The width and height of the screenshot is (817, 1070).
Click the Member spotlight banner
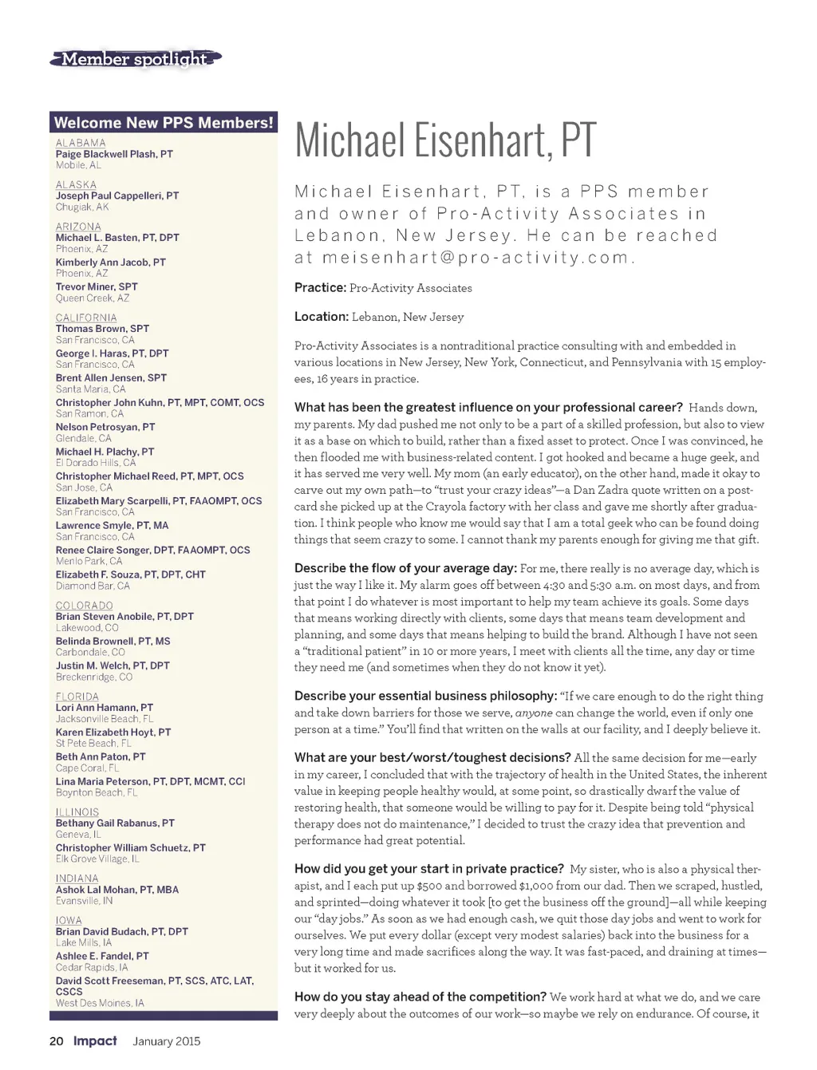pyautogui.click(x=134, y=59)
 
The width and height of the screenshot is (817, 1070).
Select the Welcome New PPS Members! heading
pyautogui.click(x=164, y=123)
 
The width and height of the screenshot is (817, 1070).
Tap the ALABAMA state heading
pyautogui.click(x=81, y=143)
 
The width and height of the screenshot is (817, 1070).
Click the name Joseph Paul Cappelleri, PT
pyautogui.click(x=117, y=195)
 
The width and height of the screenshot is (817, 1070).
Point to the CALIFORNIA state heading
pyautogui.click(x=86, y=318)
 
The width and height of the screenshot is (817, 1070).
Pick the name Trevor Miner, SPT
pyautogui.click(x=97, y=286)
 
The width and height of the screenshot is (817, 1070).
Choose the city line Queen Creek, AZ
pyautogui.click(x=93, y=298)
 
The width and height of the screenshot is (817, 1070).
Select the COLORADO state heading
pyautogui.click(x=85, y=606)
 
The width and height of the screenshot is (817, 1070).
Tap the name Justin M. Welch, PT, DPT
pyautogui.click(x=112, y=665)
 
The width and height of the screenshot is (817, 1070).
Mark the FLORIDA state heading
pyautogui.click(x=77, y=697)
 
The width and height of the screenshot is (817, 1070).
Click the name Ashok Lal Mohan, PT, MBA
pyautogui.click(x=117, y=890)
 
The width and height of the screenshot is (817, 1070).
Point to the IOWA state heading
pyautogui.click(x=69, y=920)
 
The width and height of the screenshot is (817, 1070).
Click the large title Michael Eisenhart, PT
pyautogui.click(x=445, y=140)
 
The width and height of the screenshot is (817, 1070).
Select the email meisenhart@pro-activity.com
pyautogui.click(x=476, y=258)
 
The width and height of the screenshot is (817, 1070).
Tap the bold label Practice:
pyautogui.click(x=320, y=287)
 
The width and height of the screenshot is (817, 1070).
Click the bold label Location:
pyautogui.click(x=322, y=317)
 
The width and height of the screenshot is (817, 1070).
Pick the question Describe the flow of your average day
pyautogui.click(x=405, y=568)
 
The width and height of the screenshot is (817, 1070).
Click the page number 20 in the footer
pyautogui.click(x=57, y=1041)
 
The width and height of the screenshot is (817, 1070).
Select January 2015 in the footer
pyautogui.click(x=167, y=1041)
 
